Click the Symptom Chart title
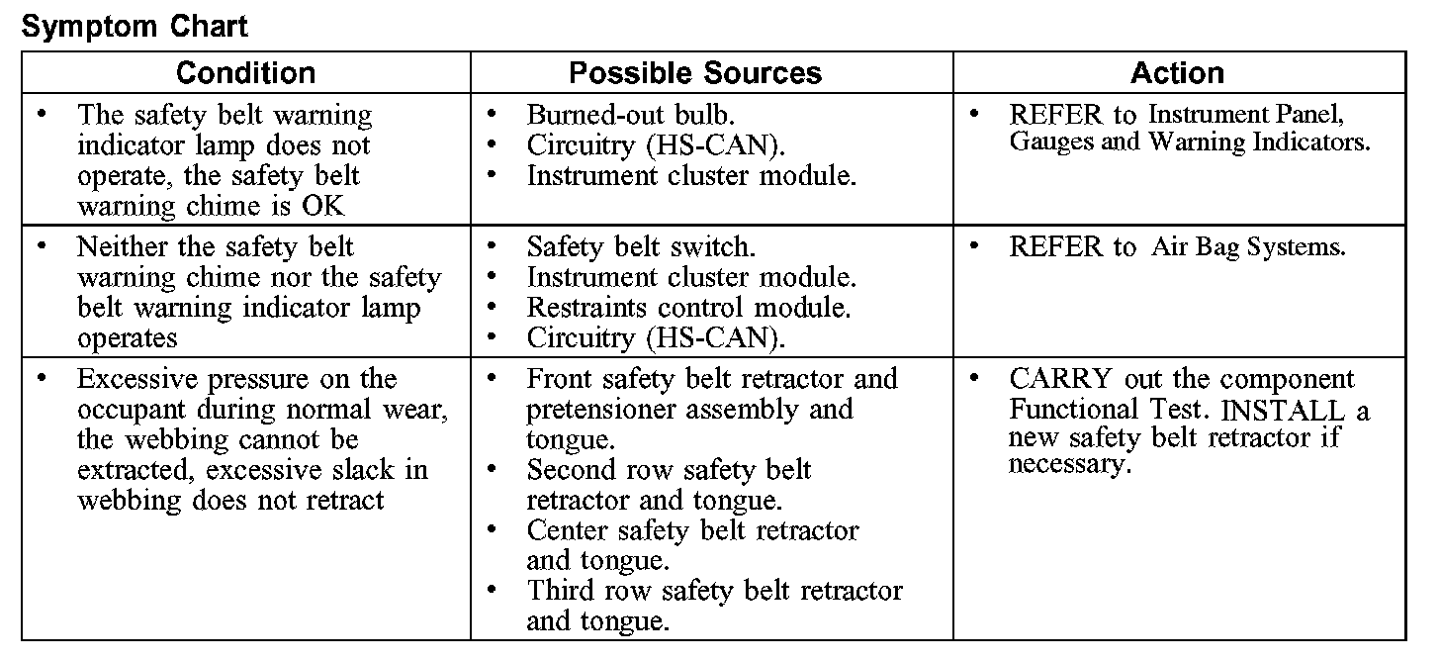(135, 26)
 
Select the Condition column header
(245, 73)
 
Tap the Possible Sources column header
(695, 73)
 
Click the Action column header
(1177, 73)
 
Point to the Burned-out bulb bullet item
(630, 115)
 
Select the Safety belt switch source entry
(641, 246)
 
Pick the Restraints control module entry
(688, 307)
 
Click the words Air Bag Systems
(1248, 246)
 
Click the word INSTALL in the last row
(1284, 410)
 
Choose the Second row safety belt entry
(669, 470)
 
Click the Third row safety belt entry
(714, 592)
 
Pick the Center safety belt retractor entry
(692, 530)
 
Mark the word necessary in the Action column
(1068, 465)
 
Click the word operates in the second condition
(127, 338)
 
